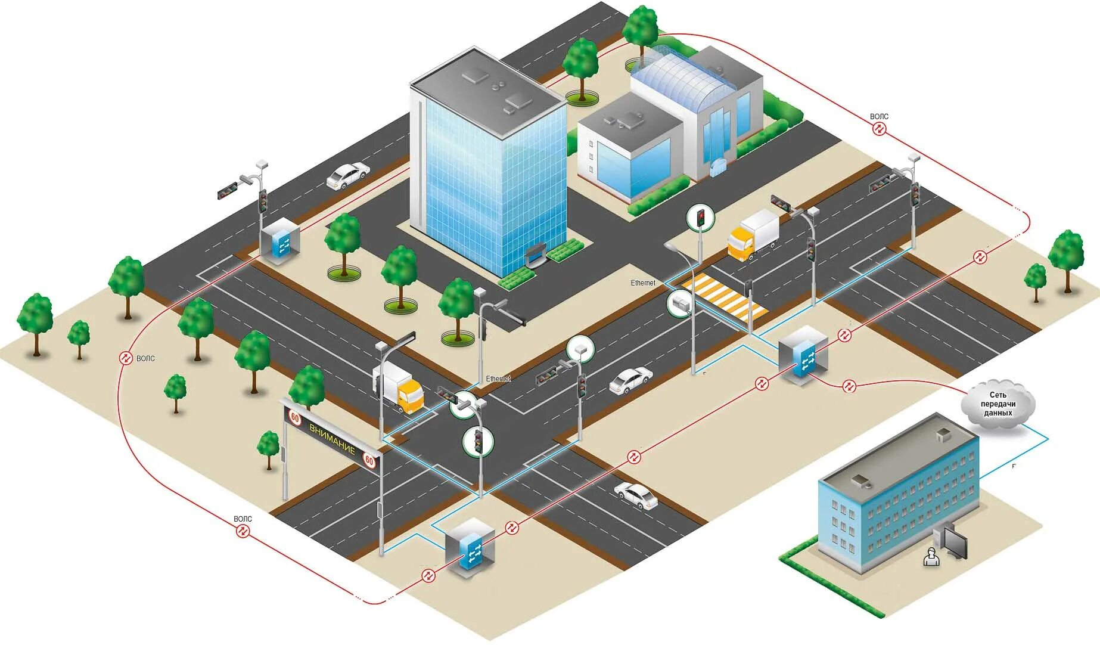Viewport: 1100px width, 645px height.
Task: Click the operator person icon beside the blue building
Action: [930, 557]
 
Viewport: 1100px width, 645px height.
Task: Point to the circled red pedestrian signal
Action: [701, 217]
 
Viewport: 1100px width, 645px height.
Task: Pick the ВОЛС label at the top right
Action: [879, 117]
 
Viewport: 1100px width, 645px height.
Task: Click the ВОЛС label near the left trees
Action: [145, 358]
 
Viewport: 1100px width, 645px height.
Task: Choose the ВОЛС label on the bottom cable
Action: [243, 519]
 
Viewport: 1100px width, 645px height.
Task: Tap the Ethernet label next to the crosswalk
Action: [643, 283]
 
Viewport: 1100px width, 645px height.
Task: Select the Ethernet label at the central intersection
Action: [498, 379]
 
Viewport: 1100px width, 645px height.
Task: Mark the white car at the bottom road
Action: [637, 495]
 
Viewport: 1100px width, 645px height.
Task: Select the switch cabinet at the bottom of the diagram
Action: [471, 545]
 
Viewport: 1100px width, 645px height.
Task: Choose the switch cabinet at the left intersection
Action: [279, 240]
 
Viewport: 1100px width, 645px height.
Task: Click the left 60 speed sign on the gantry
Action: [295, 417]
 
